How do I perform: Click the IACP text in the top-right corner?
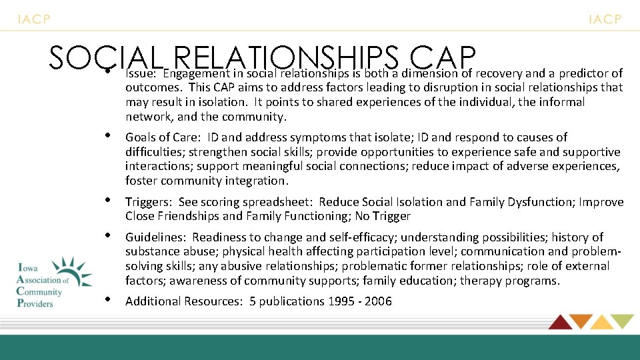click(x=605, y=19)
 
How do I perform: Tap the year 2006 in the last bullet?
click(x=379, y=301)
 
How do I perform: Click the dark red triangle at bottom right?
click(x=559, y=321)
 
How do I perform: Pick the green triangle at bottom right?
click(x=623, y=321)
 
